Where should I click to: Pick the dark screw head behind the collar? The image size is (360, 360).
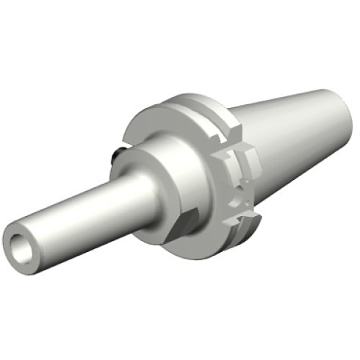[118, 155]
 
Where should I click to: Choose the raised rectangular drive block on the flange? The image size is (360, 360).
[246, 158]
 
